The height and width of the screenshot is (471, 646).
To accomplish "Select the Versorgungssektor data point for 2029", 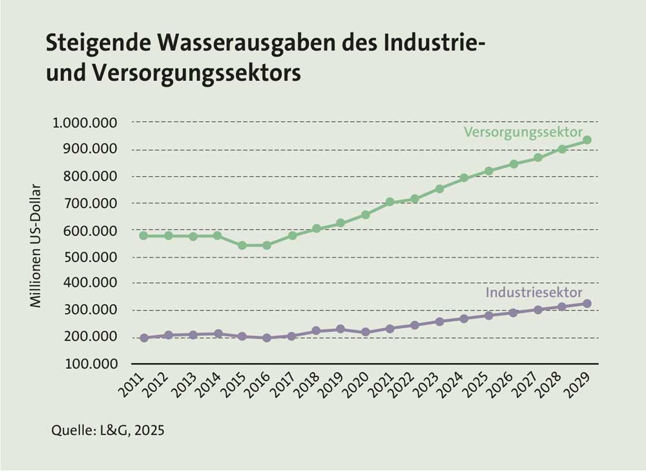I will (587, 140).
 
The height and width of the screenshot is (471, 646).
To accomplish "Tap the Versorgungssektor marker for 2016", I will (267, 245).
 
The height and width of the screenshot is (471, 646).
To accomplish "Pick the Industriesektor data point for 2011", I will (144, 338).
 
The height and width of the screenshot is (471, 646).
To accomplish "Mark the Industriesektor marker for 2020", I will (366, 332).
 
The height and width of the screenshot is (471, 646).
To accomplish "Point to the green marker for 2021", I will (390, 202).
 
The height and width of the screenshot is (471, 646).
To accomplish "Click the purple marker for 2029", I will (587, 303).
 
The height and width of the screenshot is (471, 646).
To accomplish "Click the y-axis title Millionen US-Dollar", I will (37, 246).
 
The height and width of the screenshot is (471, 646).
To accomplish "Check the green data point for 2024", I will (464, 178).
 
